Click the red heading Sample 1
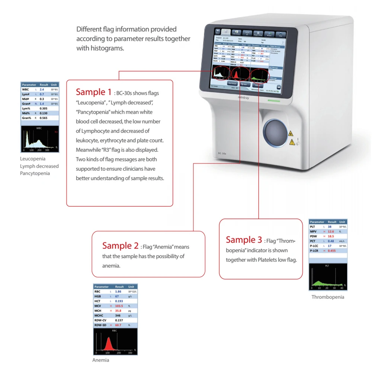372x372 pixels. pos(93,92)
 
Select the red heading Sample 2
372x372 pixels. pos(120,246)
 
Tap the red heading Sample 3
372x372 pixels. pos(244,240)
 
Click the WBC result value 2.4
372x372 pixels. pos(42,90)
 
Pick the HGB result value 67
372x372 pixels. pos(117,296)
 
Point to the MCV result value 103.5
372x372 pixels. pos(119,306)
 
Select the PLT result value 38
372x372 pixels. pos(330,227)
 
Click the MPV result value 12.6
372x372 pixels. pos(331,231)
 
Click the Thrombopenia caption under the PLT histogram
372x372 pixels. pos(328,297)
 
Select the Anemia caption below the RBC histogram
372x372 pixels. pos(101,360)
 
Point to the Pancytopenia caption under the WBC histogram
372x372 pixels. pos(35,173)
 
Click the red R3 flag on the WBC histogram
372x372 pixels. pos(56,132)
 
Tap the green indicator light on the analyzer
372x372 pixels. pos(275,101)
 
